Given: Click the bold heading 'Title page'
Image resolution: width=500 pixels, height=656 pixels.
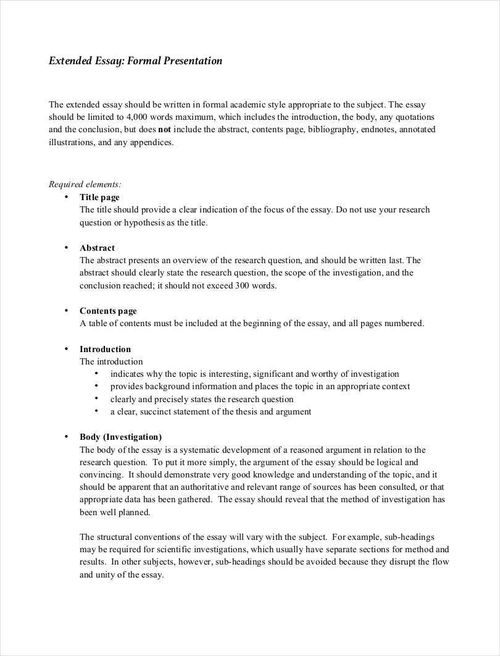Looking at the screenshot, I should [99, 197].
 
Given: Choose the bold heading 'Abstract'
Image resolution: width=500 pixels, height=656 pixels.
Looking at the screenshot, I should [97, 248].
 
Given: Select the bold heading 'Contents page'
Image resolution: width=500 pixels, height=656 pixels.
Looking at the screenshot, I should [108, 311].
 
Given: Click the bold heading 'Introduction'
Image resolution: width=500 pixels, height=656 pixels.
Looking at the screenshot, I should [105, 349].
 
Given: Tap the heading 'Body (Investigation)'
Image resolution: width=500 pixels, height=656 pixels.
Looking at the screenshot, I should [120, 437].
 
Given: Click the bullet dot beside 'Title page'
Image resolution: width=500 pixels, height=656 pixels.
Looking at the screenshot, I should [66, 197].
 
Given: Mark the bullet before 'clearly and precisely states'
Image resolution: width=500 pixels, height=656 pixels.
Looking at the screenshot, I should [97, 399].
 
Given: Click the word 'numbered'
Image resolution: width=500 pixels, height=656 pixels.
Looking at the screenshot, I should [404, 323].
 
